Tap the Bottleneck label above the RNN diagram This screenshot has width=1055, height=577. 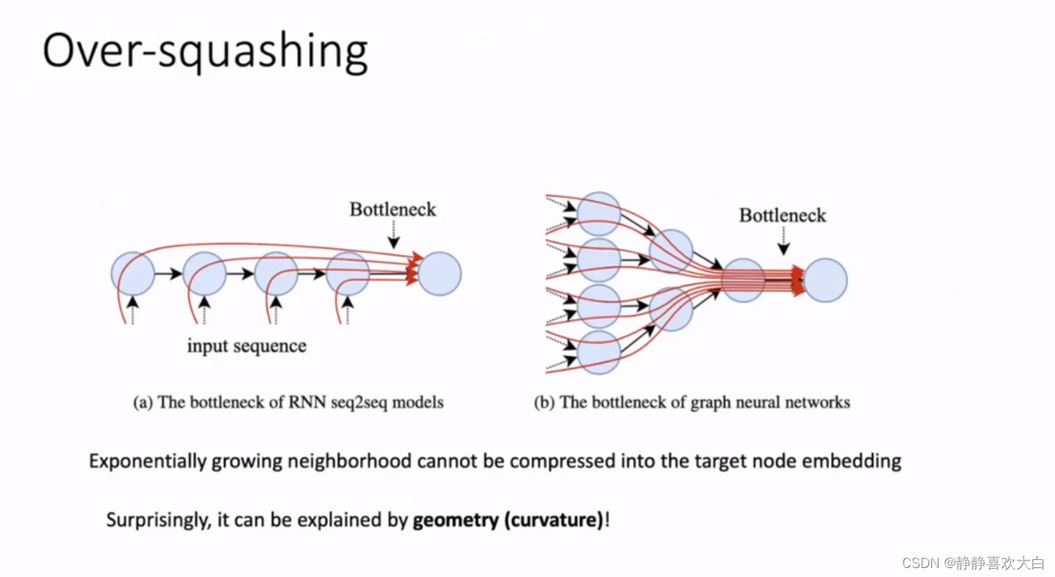tap(393, 209)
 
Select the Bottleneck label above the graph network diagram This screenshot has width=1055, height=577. tap(782, 216)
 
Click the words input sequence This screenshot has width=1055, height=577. tap(247, 346)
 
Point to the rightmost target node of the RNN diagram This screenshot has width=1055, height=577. tap(439, 274)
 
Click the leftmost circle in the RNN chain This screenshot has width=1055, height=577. tap(133, 274)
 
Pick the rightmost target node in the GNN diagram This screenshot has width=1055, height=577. tap(826, 280)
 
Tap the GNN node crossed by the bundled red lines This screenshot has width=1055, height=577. tap(743, 280)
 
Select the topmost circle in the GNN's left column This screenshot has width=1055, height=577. tap(599, 214)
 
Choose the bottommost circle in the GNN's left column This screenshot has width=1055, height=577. tap(599, 351)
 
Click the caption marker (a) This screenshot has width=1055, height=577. tap(143, 403)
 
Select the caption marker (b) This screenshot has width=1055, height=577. tap(544, 403)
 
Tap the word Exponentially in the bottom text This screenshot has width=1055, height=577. tap(147, 460)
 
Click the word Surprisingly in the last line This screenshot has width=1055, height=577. tap(157, 520)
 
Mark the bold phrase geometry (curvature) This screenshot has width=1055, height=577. tap(508, 520)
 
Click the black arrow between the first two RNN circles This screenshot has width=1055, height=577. tap(169, 274)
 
